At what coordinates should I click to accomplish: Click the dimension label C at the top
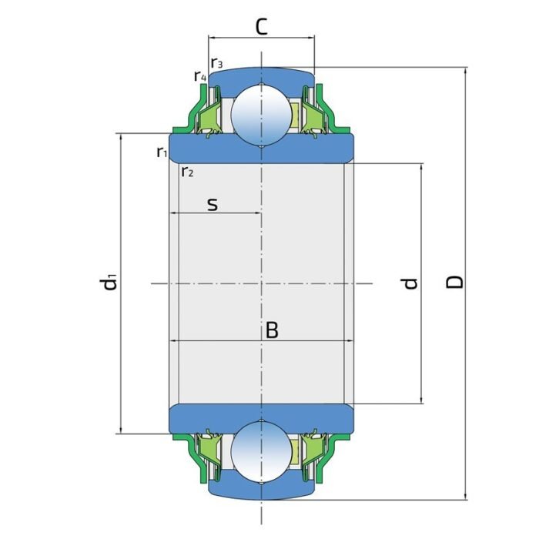pos(262,27)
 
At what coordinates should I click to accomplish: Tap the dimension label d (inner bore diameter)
pos(411,283)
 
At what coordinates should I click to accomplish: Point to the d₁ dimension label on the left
pos(110,282)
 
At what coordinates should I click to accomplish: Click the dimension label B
pos(272,330)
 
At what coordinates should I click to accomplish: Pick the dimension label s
pos(213,204)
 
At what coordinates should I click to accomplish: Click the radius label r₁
pos(162,152)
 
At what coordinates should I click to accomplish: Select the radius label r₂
pos(187,171)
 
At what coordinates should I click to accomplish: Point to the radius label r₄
pos(199,76)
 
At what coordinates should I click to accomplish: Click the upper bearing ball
pos(262,112)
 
